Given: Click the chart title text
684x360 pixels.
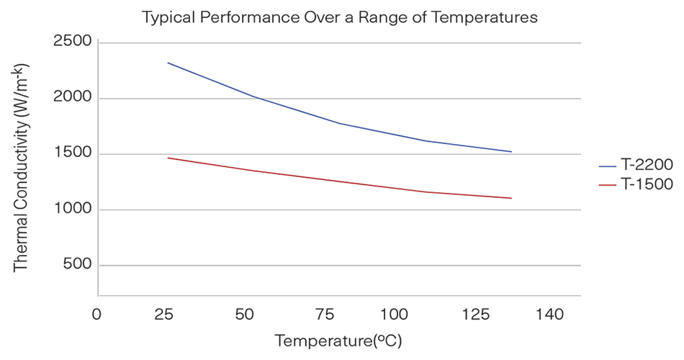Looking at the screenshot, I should click(x=340, y=17).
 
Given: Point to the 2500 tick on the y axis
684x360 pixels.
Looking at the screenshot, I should click(x=72, y=42).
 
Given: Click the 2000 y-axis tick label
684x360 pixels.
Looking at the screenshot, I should click(x=72, y=98).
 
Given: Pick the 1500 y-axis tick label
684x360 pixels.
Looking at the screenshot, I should click(x=72, y=154).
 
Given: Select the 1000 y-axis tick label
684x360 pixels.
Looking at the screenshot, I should click(x=72, y=210).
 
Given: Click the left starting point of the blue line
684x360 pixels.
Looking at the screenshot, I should click(x=168, y=63).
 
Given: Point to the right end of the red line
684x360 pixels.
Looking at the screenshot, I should click(x=511, y=198).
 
